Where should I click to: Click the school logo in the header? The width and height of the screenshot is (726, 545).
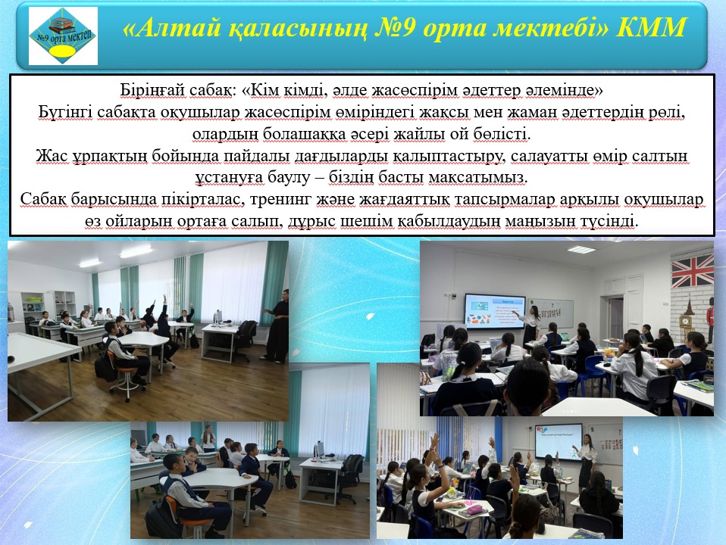tap(63, 36)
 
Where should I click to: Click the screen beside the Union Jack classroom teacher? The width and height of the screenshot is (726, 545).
tap(495, 310)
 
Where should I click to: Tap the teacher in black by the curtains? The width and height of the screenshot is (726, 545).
tap(277, 325)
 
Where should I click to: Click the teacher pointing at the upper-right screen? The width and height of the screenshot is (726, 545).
tap(530, 327)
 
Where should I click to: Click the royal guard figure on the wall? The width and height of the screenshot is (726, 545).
tap(710, 320)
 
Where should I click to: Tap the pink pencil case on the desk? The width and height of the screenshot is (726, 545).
tap(474, 509)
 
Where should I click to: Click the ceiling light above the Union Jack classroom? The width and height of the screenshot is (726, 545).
tap(580, 250)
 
